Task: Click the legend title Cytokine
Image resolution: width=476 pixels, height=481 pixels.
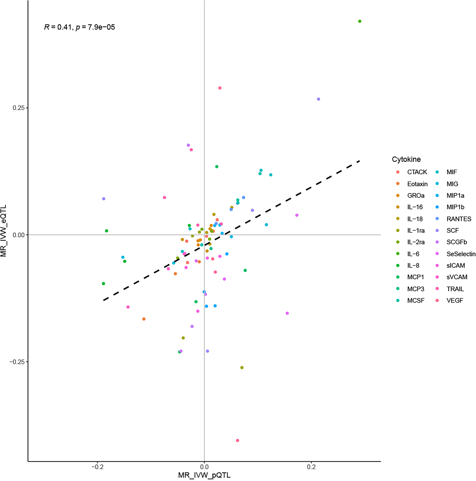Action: click(x=406, y=159)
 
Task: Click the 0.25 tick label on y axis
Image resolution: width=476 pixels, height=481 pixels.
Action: click(x=18, y=108)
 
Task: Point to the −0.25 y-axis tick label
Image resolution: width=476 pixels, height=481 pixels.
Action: click(x=17, y=362)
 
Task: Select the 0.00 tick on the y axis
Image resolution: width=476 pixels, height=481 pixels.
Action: click(x=18, y=235)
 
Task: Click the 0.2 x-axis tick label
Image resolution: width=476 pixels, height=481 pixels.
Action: click(x=311, y=467)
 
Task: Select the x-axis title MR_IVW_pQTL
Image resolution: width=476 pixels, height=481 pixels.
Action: click(x=204, y=476)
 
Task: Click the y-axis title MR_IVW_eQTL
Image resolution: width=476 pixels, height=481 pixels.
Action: click(x=4, y=231)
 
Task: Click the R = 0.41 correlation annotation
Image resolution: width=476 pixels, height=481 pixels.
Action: click(x=79, y=27)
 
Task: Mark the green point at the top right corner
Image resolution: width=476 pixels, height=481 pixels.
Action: click(x=360, y=21)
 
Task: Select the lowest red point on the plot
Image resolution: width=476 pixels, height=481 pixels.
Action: click(x=237, y=440)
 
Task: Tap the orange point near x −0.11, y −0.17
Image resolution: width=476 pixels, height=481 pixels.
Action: click(x=144, y=319)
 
